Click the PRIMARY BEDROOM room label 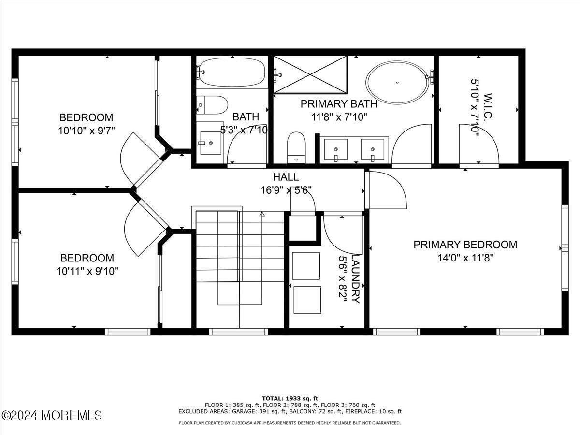[465, 245]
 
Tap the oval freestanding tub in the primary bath [397, 82]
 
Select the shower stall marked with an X [310, 74]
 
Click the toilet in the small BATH [213, 104]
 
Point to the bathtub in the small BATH [232, 72]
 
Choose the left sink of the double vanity [335, 149]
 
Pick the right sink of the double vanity [373, 149]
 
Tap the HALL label [286, 177]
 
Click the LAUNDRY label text [356, 279]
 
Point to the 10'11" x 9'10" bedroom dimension [87, 271]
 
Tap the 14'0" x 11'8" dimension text [465, 258]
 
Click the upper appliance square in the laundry [306, 265]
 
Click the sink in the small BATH [210, 142]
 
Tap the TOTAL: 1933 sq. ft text [290, 398]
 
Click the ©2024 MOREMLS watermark [52, 415]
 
